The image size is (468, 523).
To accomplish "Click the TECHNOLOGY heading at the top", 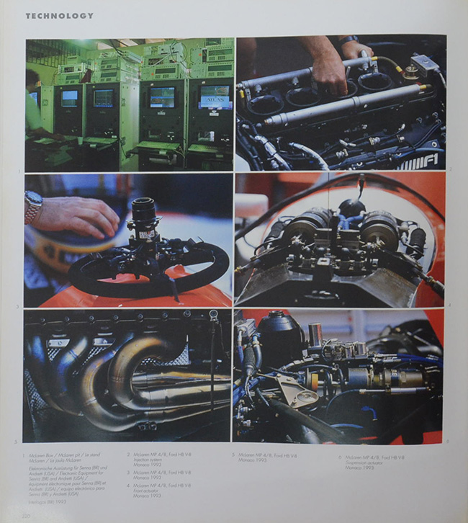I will click(59, 15).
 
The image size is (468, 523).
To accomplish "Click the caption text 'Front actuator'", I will click(145, 490).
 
